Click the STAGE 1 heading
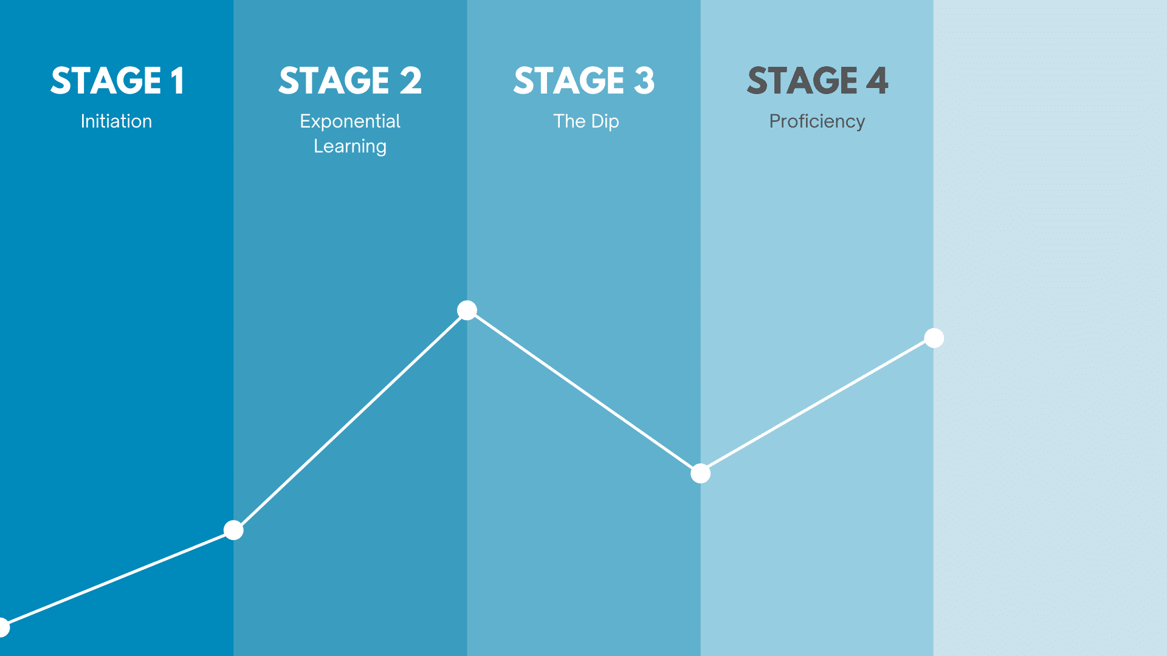[117, 81]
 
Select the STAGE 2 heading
[350, 81]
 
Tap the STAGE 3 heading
[584, 81]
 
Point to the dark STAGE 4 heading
[818, 81]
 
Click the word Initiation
[117, 121]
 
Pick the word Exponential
[350, 121]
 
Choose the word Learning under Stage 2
[350, 146]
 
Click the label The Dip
[587, 121]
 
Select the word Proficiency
[818, 121]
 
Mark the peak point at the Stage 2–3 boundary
[467, 310]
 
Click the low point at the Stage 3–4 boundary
[701, 473]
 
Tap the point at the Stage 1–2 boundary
[233, 530]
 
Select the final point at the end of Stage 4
[934, 338]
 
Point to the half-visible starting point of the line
[3, 627]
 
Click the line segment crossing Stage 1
[117, 578]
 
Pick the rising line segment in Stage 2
[350, 420]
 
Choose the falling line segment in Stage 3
[583, 392]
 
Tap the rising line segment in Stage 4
[818, 406]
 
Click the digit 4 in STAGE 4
[877, 81]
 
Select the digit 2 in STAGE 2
[411, 81]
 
